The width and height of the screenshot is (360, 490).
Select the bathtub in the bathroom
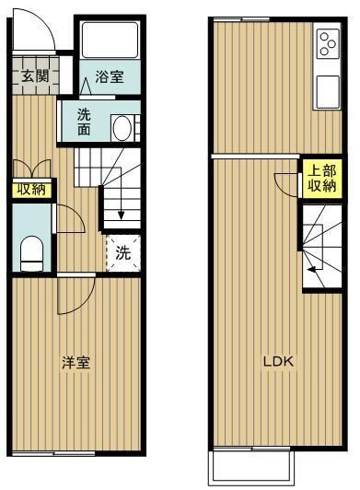109,41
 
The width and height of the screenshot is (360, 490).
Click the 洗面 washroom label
84,122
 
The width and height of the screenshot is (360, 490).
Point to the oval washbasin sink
121,127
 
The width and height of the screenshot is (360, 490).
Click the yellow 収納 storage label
30,190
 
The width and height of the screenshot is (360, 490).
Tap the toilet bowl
32,252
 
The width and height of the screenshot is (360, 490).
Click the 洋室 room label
75,362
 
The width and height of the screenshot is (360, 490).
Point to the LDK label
278,361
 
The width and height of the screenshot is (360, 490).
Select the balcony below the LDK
251,468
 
